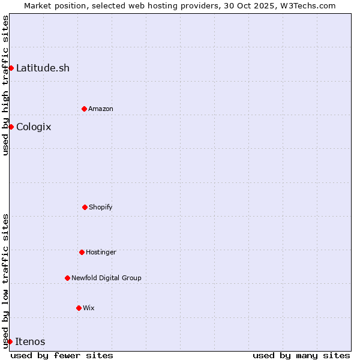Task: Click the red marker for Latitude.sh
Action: pyautogui.click(x=11, y=68)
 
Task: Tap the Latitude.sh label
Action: pyautogui.click(x=43, y=68)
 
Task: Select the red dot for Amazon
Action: pyautogui.click(x=84, y=109)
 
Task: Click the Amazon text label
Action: pyautogui.click(x=101, y=109)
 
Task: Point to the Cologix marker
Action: pyautogui.click(x=11, y=127)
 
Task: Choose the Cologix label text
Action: pyautogui.click(x=34, y=127)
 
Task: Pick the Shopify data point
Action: pyautogui.click(x=85, y=207)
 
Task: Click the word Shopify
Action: pyautogui.click(x=101, y=207)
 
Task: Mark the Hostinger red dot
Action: pyautogui.click(x=82, y=252)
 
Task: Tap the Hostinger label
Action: pyautogui.click(x=101, y=252)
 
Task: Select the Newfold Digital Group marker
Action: pyautogui.click(x=67, y=278)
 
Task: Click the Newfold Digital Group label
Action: pyautogui.click(x=106, y=278)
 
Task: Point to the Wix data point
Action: pyautogui.click(x=79, y=308)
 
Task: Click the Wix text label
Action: pyautogui.click(x=89, y=308)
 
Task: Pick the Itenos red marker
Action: pyautogui.click(x=10, y=341)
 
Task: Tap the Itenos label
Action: pyautogui.click(x=30, y=341)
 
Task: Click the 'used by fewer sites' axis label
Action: pyautogui.click(x=62, y=355)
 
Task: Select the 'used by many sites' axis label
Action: pyautogui.click(x=301, y=355)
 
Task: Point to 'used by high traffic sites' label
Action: pyautogui.click(x=5, y=85)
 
